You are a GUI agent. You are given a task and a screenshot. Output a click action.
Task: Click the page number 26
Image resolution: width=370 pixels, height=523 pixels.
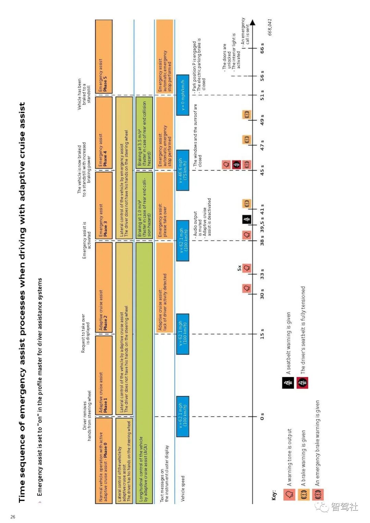tap(13, 516)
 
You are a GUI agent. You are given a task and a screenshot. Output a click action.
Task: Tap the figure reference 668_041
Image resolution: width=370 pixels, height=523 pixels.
tap(270, 27)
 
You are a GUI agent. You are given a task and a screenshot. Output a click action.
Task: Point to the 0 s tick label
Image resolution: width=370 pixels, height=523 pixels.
tap(262, 416)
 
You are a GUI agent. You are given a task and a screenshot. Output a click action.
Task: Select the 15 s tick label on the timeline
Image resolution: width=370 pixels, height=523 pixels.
tap(262, 334)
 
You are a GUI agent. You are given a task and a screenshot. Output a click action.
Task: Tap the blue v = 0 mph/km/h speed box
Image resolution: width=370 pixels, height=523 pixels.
tap(183, 95)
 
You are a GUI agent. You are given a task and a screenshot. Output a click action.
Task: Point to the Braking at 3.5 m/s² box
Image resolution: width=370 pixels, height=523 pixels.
tap(144, 134)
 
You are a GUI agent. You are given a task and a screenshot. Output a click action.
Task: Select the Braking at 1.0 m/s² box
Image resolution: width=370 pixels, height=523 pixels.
tap(144, 206)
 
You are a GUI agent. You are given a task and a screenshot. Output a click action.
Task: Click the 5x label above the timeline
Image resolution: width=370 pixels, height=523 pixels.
tap(239, 268)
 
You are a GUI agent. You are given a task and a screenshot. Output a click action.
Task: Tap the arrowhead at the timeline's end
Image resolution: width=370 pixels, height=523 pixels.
tap(253, 23)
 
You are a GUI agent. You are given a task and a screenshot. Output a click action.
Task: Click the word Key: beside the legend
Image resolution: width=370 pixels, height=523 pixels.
tap(274, 496)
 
